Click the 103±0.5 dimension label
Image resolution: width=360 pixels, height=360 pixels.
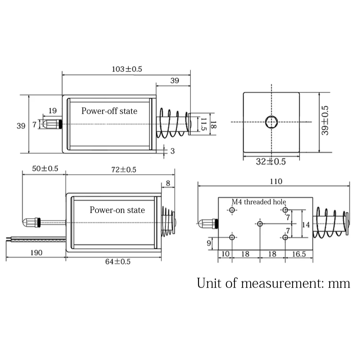[x=127, y=69]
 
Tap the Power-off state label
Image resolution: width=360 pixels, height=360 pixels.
[x=109, y=111]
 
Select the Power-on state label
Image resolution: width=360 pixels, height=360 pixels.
[x=117, y=210]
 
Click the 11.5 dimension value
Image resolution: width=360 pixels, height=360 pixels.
[x=203, y=124]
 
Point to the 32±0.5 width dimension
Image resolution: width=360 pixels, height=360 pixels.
[x=271, y=162]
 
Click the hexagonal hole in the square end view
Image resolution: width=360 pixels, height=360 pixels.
[x=271, y=122]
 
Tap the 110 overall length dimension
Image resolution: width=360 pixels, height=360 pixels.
[x=276, y=181]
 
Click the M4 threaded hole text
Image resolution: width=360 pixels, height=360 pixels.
[x=259, y=202]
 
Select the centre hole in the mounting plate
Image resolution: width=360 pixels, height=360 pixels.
[x=260, y=224]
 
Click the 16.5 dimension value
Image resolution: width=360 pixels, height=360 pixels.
[x=299, y=254]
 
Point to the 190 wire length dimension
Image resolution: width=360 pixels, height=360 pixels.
[x=36, y=253]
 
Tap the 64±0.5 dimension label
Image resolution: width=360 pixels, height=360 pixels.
[x=118, y=261]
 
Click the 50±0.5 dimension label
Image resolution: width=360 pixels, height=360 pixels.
[x=45, y=168]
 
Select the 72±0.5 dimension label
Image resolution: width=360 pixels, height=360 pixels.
[x=124, y=170]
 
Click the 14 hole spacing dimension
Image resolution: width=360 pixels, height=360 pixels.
[x=306, y=225]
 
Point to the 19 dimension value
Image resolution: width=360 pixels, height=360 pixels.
[x=53, y=111]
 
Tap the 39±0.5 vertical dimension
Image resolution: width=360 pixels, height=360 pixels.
[x=325, y=121]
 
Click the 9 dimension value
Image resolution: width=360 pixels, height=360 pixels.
[x=209, y=243]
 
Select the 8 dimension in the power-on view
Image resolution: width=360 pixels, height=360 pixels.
[x=168, y=183]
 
